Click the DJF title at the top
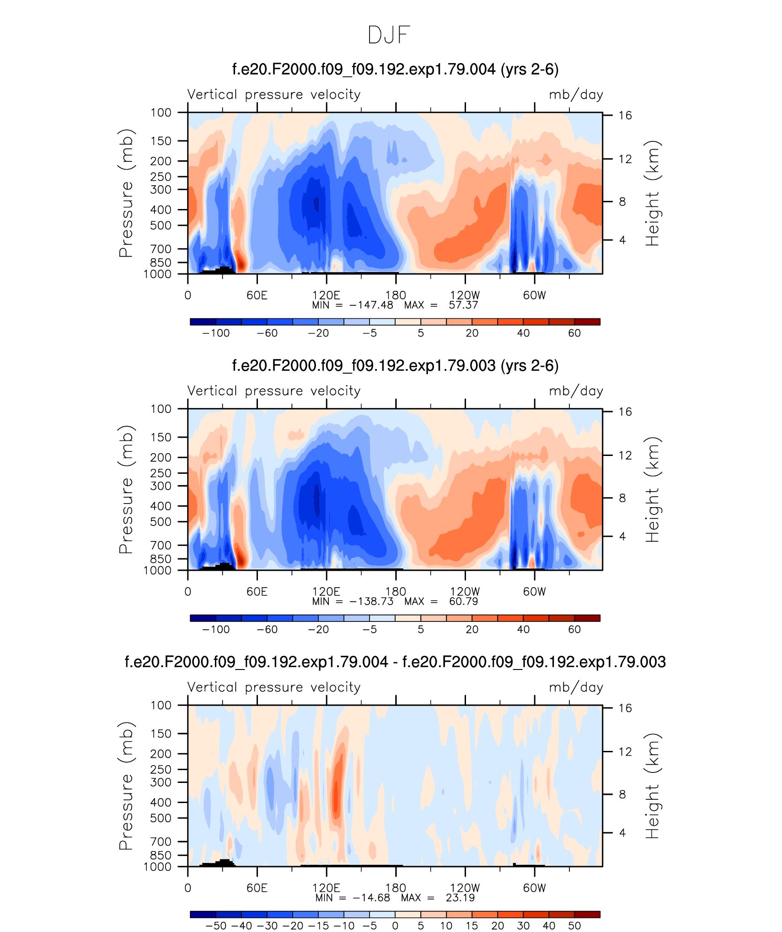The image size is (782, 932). [x=389, y=35]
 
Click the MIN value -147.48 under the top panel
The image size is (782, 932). [x=371, y=305]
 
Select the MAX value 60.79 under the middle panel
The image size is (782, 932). [x=463, y=601]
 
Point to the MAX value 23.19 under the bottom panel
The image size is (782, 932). [x=460, y=898]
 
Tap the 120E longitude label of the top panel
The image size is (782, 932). [x=326, y=295]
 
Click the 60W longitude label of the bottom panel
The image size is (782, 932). [x=535, y=888]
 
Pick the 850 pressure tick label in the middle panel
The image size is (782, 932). [x=161, y=559]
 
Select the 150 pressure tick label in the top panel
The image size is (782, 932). [x=161, y=141]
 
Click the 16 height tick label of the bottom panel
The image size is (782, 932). [x=625, y=708]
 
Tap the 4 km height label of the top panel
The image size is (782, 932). [x=622, y=240]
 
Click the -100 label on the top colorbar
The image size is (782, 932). [x=216, y=333]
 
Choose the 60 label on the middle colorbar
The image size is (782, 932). [x=574, y=629]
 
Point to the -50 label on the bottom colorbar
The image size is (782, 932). [x=216, y=926]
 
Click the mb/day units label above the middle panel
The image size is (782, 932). [x=576, y=391]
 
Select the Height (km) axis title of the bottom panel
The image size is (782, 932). [x=653, y=786]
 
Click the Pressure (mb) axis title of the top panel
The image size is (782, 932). [x=126, y=193]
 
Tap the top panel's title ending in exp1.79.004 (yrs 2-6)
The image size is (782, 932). [x=396, y=70]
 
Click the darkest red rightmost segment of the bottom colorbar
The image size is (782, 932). [x=587, y=914]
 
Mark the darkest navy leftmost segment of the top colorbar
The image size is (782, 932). [x=203, y=321]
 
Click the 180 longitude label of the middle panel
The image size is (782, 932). [x=396, y=591]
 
